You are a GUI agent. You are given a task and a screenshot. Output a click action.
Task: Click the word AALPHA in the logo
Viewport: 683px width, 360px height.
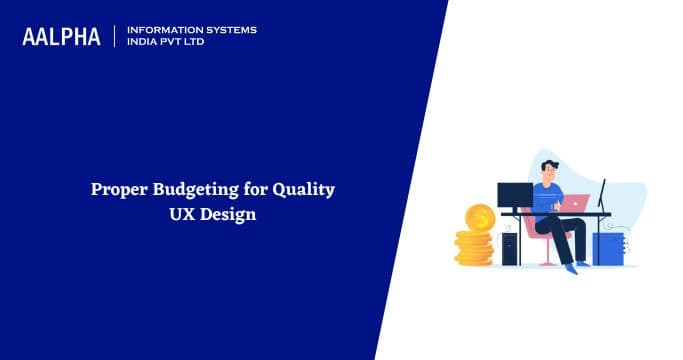pyautogui.click(x=62, y=37)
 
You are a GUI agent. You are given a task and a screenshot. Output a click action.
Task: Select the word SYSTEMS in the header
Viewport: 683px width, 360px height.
pyautogui.click(x=230, y=30)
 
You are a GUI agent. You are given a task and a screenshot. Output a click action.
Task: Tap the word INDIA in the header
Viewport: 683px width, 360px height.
pyautogui.click(x=145, y=43)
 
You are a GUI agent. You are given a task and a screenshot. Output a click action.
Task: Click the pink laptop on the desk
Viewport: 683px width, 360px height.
pyautogui.click(x=574, y=203)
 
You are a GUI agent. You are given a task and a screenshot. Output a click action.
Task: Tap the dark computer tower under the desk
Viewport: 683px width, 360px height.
pyautogui.click(x=510, y=247)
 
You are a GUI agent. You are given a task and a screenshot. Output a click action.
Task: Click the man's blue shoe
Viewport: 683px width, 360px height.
pyautogui.click(x=571, y=268)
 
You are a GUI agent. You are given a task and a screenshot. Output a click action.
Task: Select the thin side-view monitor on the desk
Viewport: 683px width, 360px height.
pyautogui.click(x=602, y=196)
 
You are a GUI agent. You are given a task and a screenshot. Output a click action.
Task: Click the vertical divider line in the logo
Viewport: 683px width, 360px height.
pyautogui.click(x=115, y=37)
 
